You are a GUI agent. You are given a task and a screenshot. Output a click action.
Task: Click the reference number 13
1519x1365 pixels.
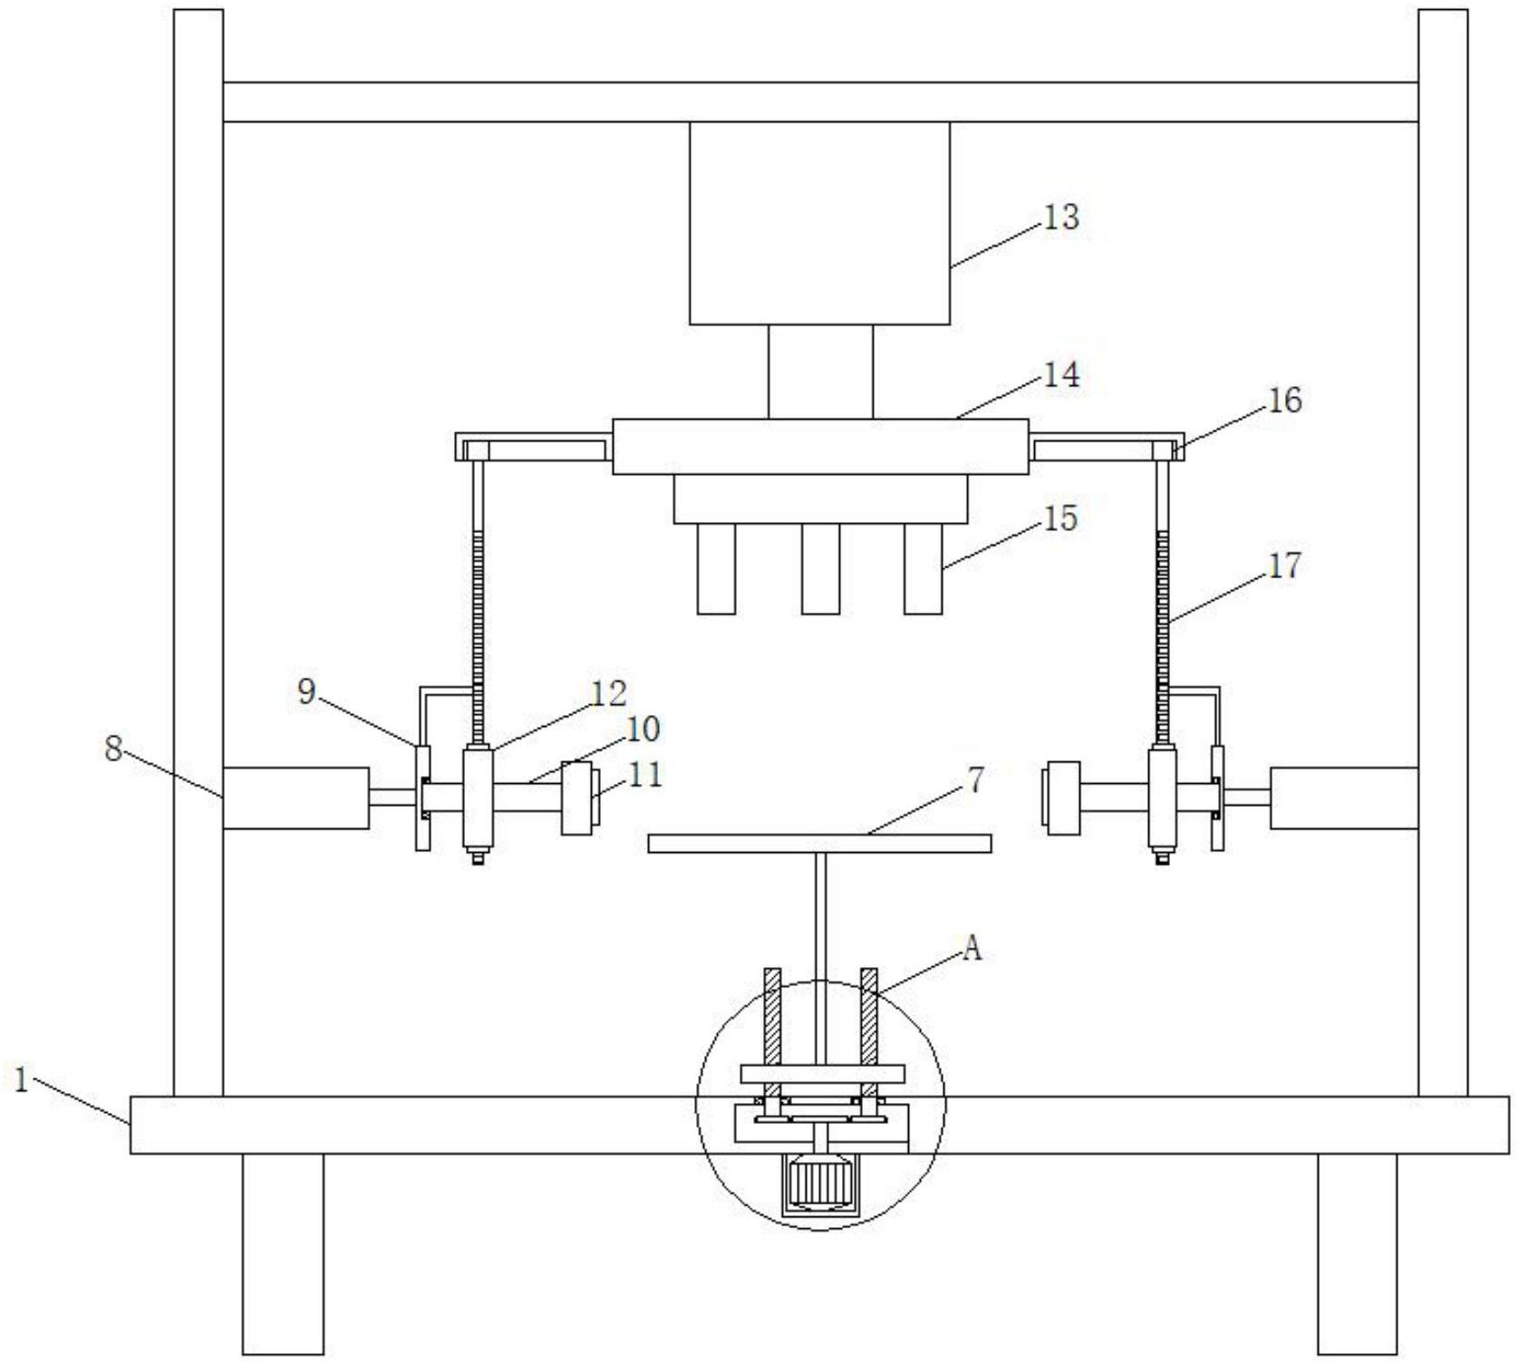click(x=1061, y=218)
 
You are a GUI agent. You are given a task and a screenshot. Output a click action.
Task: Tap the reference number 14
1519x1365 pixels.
click(x=1061, y=374)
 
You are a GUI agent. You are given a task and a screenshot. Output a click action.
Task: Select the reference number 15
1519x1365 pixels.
click(x=1060, y=518)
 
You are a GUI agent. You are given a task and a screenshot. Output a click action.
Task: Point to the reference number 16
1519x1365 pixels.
click(x=1283, y=400)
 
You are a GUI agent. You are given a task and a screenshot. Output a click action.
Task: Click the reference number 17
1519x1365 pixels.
click(x=1283, y=566)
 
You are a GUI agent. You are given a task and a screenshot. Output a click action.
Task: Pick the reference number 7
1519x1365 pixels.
click(x=975, y=779)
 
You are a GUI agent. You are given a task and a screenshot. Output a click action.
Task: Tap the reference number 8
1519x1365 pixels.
click(x=113, y=749)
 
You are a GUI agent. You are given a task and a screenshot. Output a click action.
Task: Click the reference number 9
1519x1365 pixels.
click(x=307, y=692)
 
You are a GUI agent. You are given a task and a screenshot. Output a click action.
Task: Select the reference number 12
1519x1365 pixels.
click(x=609, y=693)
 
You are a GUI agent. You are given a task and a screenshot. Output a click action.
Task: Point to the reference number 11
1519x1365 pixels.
click(x=645, y=775)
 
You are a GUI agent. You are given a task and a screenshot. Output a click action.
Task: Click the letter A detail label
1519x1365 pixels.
click(x=972, y=948)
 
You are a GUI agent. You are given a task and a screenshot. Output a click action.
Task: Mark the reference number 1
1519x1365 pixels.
click(x=22, y=1079)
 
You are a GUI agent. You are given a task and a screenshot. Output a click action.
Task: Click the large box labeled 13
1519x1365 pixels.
click(x=819, y=223)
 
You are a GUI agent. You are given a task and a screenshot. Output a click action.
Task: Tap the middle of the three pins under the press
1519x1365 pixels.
click(x=820, y=568)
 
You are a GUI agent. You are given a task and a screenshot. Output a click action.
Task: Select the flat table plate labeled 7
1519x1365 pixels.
click(x=819, y=844)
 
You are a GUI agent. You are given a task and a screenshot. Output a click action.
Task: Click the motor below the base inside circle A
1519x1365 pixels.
click(x=819, y=1183)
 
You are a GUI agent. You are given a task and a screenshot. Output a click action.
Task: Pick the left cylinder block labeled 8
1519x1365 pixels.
click(x=295, y=798)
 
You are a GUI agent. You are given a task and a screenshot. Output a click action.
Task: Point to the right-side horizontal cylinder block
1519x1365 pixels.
click(x=1344, y=798)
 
